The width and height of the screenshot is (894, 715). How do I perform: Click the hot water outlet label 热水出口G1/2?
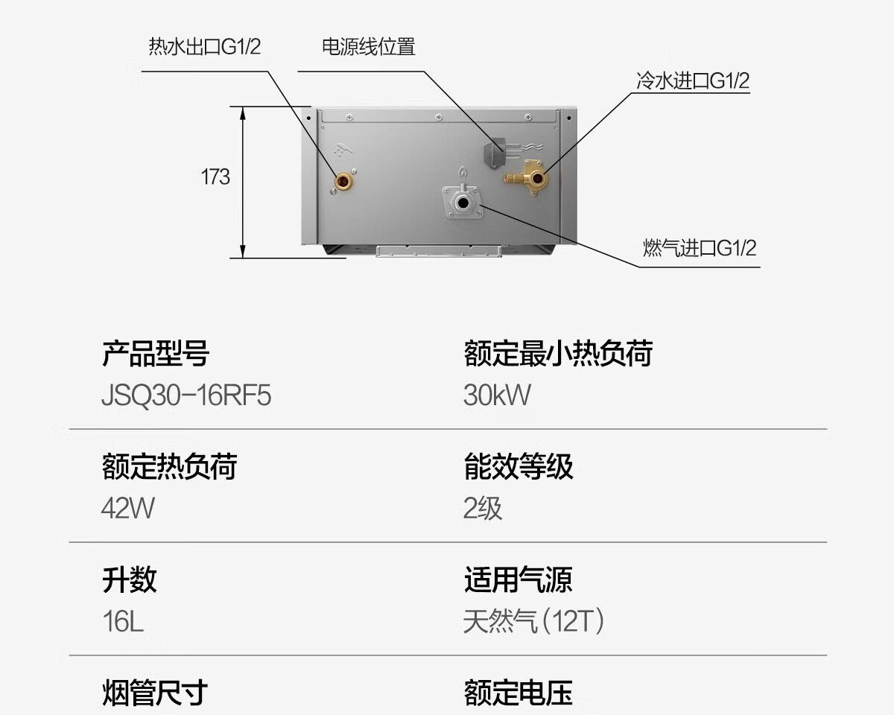click(x=205, y=47)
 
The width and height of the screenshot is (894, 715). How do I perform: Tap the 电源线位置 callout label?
click(x=368, y=47)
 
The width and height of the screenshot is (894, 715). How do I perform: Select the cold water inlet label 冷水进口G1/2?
click(x=692, y=80)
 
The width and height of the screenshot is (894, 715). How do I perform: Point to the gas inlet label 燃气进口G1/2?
click(x=700, y=248)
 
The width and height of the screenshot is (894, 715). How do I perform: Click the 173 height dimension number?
click(x=215, y=177)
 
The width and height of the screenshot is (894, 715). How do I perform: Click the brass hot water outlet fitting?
click(x=343, y=180)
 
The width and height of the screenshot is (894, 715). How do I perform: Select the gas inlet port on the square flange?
click(x=463, y=203)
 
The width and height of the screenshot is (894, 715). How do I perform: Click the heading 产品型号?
click(x=155, y=353)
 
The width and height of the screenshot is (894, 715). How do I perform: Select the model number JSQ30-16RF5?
click(x=186, y=395)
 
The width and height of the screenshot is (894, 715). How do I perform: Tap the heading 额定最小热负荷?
click(x=557, y=353)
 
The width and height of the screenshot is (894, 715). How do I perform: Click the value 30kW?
click(x=497, y=395)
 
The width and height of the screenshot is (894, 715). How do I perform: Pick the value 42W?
click(x=128, y=508)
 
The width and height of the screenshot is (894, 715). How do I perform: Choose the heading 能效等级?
click(x=519, y=467)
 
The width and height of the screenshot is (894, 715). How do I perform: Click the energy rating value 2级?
click(x=483, y=508)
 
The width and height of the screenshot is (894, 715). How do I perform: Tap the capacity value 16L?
click(x=123, y=621)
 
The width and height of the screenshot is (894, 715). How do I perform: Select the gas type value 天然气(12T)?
click(x=533, y=621)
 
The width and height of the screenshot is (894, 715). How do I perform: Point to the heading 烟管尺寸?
click(x=155, y=693)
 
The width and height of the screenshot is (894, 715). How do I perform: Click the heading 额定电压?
click(x=519, y=693)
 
